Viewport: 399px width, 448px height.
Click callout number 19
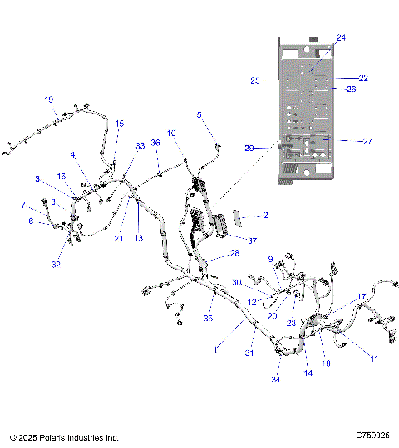(x=48, y=100)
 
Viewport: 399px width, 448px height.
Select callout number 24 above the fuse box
(x=341, y=37)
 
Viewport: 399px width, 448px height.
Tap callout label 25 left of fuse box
(x=255, y=80)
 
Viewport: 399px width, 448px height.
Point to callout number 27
(x=367, y=141)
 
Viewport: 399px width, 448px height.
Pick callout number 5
(x=199, y=114)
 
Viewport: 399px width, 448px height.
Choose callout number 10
(x=171, y=133)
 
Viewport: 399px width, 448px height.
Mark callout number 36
(x=155, y=143)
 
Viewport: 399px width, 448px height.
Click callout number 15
(x=120, y=124)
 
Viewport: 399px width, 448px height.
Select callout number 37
(x=229, y=241)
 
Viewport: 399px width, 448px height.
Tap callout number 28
(x=234, y=253)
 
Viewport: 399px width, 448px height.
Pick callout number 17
(x=362, y=296)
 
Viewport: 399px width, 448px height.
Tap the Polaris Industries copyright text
(x=64, y=436)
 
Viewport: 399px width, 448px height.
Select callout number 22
(x=362, y=78)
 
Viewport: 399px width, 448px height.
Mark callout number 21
(x=118, y=238)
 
